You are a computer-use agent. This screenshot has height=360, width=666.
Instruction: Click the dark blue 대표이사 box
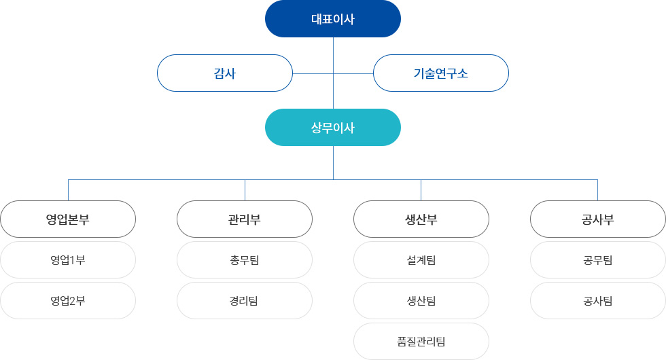click(333, 19)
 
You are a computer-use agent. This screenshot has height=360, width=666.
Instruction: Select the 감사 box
click(225, 73)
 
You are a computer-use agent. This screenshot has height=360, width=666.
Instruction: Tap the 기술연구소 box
click(441, 73)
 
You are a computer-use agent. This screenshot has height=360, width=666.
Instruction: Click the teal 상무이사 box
click(333, 128)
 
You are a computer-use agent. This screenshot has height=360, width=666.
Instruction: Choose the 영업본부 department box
click(68, 219)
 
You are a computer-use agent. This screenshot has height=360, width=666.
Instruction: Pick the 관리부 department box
click(245, 219)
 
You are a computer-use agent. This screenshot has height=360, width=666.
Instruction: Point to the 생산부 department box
click(421, 219)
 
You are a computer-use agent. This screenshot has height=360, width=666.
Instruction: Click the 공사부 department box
click(598, 219)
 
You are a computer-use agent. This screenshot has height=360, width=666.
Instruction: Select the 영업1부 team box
click(68, 259)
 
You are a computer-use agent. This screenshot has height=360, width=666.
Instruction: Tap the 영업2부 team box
click(68, 300)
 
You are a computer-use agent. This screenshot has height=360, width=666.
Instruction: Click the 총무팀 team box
click(245, 259)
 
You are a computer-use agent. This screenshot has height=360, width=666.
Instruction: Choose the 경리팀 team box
click(245, 300)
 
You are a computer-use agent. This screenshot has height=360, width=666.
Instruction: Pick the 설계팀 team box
click(421, 259)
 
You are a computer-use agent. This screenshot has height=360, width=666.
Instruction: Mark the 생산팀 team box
click(421, 300)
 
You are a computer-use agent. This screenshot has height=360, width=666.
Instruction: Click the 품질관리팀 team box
click(421, 341)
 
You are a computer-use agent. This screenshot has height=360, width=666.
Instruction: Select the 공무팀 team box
click(598, 259)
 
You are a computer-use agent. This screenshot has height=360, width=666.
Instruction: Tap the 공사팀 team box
click(598, 300)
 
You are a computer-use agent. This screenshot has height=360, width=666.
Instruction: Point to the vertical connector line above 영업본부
click(69, 190)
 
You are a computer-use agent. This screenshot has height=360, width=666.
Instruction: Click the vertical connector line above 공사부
click(597, 190)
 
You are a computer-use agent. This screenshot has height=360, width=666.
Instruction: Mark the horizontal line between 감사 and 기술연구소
click(333, 73)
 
